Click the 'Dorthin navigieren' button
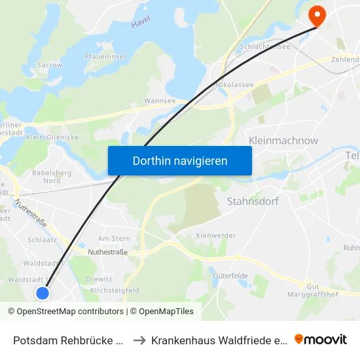click(179, 160)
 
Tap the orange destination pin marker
click(317, 15)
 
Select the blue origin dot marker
click(43, 293)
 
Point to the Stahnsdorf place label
click(253, 201)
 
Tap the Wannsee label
click(159, 101)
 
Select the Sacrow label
click(50, 65)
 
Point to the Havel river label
click(141, 22)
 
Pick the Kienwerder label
click(211, 234)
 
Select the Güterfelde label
click(230, 276)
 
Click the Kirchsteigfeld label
click(115, 290)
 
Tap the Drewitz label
click(99, 279)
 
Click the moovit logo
click(321, 339)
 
